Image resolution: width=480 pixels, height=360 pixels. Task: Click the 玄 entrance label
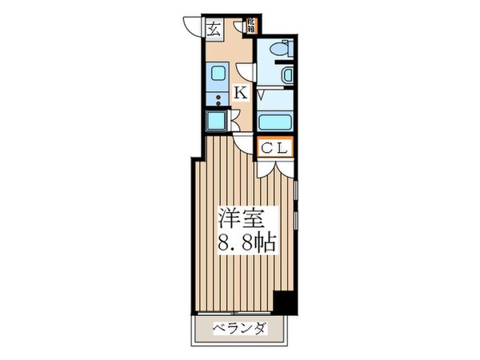click(214, 30)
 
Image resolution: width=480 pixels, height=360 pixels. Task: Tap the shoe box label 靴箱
click(250, 26)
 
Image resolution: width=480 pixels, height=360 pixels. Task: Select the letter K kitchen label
click(240, 94)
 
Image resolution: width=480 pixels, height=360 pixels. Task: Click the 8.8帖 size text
click(245, 242)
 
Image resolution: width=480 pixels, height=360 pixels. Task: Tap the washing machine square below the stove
click(216, 122)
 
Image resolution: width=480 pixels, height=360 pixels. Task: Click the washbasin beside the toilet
click(289, 76)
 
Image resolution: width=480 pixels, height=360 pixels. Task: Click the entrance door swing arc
click(191, 26)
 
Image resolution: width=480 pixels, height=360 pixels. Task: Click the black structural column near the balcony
click(283, 302)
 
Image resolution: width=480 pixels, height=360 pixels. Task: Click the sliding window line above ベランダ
click(239, 311)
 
